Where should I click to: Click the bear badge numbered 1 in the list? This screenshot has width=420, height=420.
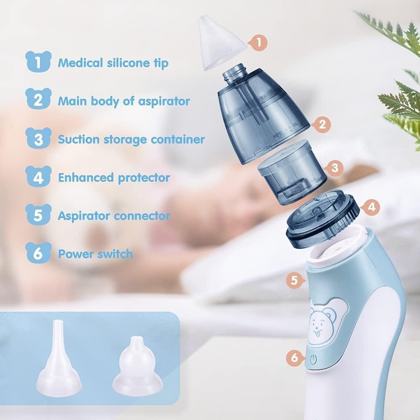tap(38, 61)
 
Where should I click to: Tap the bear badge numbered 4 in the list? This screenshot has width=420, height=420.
tap(38, 176)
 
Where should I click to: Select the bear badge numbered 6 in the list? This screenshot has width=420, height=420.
tap(38, 253)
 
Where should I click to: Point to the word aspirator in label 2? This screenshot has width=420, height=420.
tap(164, 102)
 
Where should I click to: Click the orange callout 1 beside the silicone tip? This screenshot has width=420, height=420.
tap(258, 42)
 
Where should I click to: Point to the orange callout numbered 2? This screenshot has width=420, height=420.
tap(322, 124)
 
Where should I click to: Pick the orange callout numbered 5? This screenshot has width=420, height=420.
tap(295, 280)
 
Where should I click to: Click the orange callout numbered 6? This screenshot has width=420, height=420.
tap(295, 357)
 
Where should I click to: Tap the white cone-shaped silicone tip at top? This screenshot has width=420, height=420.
tap(221, 43)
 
